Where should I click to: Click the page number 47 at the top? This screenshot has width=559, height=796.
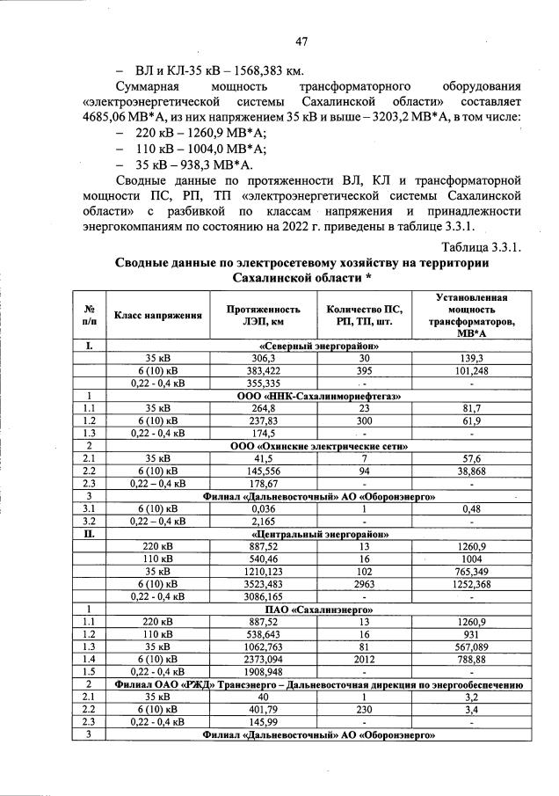click(301, 41)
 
